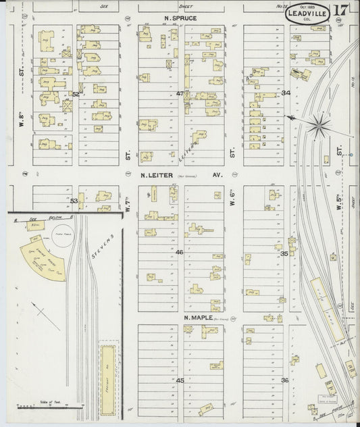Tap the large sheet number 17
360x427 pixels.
340,11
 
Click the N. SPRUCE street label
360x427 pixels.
180,18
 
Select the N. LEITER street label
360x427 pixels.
157,174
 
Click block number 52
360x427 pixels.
76,94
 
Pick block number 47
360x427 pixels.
180,93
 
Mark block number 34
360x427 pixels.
286,93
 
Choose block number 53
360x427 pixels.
74,201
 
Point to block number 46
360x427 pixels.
180,252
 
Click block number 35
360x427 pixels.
285,253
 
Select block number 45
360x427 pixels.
180,380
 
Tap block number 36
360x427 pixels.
285,380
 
